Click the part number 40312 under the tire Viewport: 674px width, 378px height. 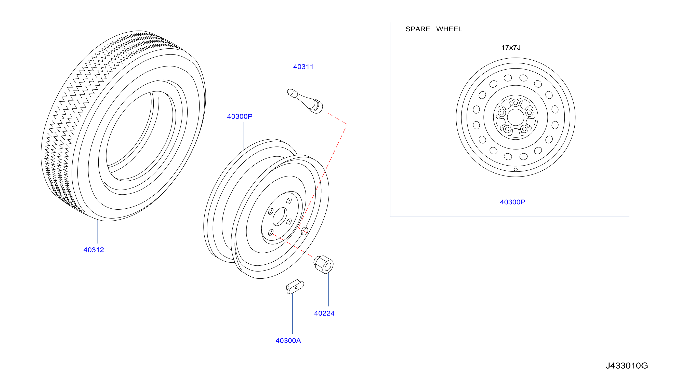point(94,250)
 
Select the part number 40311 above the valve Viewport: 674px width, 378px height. point(303,67)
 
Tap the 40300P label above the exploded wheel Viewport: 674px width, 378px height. point(240,116)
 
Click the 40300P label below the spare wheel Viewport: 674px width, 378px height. point(512,202)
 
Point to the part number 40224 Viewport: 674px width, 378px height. point(324,313)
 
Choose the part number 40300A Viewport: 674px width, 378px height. point(288,341)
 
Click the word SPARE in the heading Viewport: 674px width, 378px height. point(418,29)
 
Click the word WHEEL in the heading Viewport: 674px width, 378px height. point(449,29)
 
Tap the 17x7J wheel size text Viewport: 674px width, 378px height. point(511,47)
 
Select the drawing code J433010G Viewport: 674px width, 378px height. point(627,366)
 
